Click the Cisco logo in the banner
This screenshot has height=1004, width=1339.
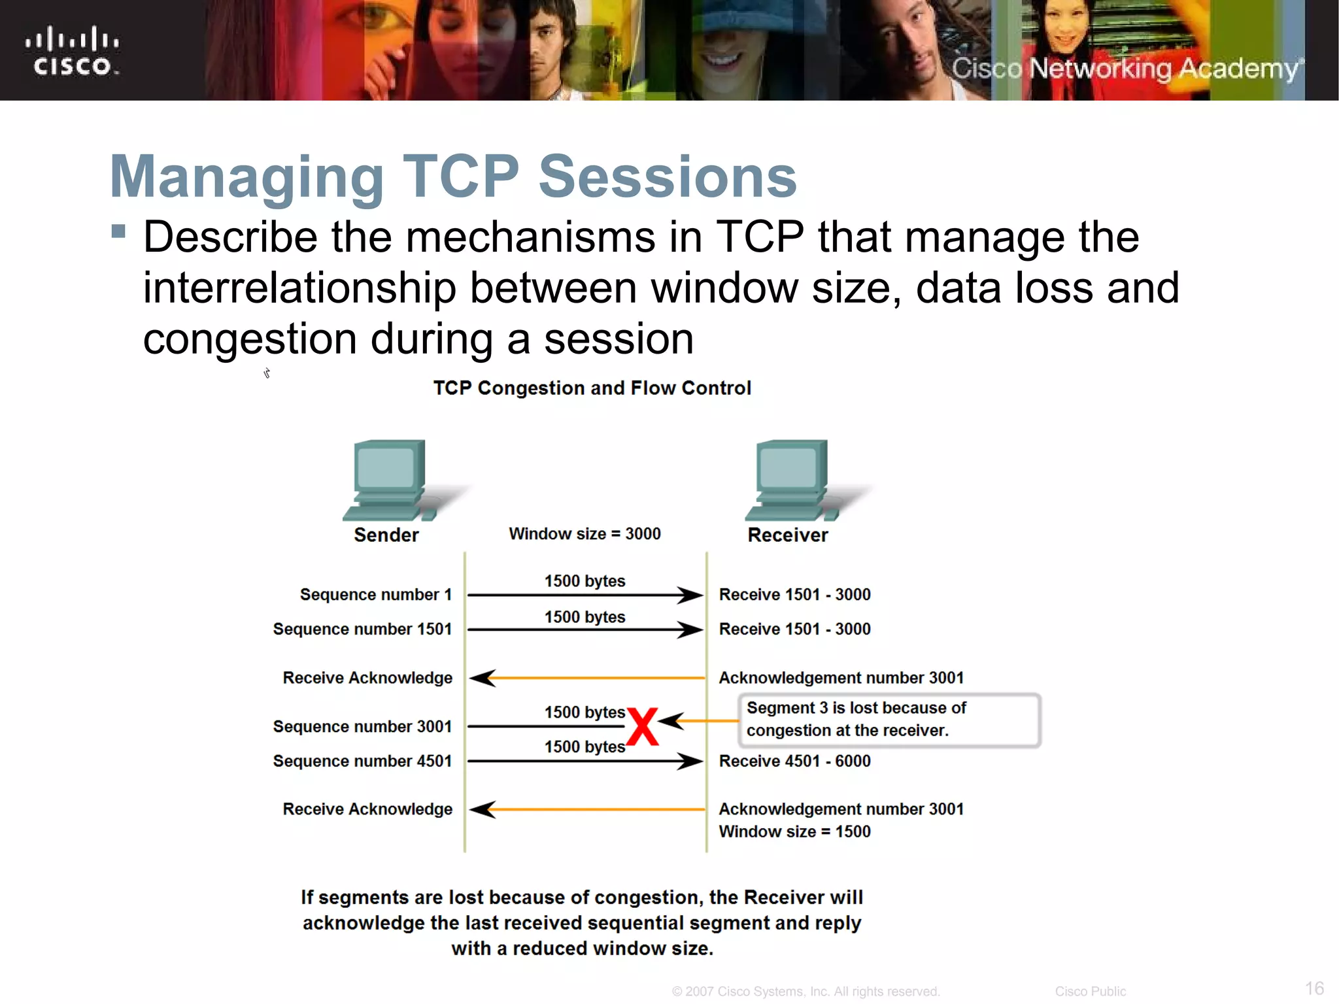73,52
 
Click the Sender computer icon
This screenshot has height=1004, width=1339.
388,480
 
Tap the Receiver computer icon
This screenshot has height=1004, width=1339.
791,480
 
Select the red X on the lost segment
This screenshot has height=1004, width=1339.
642,727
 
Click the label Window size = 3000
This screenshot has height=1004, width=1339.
585,534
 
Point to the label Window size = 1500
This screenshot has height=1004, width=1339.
794,831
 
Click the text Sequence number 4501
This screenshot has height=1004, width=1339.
362,761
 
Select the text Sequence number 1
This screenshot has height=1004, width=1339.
375,595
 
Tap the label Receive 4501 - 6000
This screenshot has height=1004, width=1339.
794,761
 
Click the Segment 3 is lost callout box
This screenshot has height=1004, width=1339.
889,720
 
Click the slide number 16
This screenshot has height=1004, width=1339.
1314,988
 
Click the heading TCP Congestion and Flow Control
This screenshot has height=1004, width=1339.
592,388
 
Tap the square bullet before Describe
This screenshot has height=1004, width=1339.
118,231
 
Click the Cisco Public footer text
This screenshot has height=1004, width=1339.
1090,992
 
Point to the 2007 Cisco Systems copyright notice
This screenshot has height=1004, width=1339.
805,992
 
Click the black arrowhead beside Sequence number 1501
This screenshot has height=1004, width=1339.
689,630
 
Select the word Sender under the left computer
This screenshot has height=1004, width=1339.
386,535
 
